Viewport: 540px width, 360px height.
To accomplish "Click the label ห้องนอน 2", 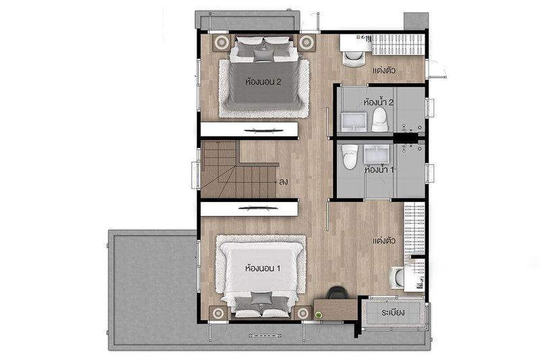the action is (263, 82).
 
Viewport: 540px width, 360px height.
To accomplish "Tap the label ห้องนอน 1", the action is (263, 268).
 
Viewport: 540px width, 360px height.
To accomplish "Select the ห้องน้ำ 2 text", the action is (378, 102).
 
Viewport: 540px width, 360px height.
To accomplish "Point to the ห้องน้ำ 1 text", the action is (379, 170).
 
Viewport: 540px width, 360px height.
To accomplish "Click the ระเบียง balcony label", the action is (393, 313).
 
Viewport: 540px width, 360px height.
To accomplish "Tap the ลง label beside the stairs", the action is (283, 182).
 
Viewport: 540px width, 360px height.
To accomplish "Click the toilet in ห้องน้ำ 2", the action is (380, 119).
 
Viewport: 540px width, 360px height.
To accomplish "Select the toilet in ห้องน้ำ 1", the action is (350, 157).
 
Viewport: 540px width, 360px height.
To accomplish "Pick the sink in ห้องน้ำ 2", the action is (354, 122).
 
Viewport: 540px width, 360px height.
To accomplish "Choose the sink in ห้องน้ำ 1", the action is (377, 153).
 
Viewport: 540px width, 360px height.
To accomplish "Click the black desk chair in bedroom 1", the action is (336, 293).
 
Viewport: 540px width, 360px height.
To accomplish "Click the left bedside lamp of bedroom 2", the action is (221, 43).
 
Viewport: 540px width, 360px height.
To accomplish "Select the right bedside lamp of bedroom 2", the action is (306, 43).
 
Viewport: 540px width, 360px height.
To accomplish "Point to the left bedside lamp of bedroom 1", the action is (218, 313).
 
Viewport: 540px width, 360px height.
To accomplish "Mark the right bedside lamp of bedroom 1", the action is (303, 313).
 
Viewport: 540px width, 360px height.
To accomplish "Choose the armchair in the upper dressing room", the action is (354, 58).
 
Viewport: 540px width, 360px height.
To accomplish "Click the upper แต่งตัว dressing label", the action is (384, 71).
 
